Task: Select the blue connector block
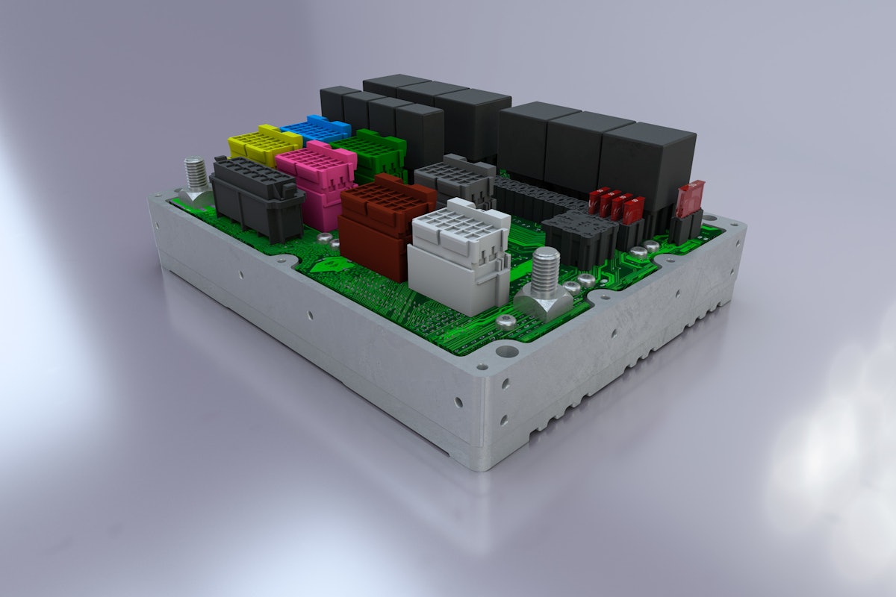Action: coord(317,128)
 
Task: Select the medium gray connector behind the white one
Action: coord(455,179)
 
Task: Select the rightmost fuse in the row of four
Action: coord(635,209)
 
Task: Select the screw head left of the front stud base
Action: coord(505,320)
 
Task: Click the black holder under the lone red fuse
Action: coord(685,224)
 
